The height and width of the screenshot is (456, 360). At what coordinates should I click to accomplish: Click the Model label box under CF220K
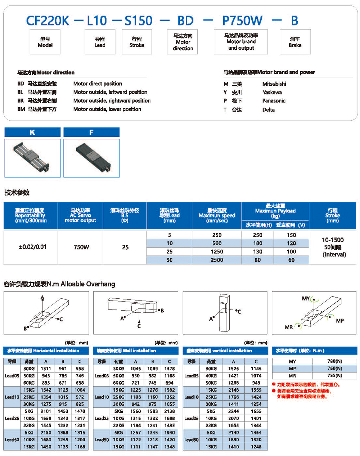pyautogui.click(x=45, y=42)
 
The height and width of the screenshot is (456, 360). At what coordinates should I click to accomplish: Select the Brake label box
pyautogui.click(x=295, y=42)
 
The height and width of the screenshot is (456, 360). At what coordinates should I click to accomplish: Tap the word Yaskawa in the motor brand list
pyautogui.click(x=272, y=92)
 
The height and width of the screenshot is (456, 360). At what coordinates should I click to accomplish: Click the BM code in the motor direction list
pyautogui.click(x=21, y=109)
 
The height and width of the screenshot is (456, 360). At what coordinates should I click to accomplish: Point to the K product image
pyautogui.click(x=32, y=158)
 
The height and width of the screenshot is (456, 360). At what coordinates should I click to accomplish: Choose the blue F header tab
pyautogui.click(x=91, y=132)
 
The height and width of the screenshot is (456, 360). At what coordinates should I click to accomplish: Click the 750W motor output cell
pyautogui.click(x=81, y=247)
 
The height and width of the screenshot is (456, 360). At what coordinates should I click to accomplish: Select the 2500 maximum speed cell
pyautogui.click(x=217, y=260)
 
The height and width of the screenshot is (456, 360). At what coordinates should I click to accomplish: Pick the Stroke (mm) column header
pyautogui.click(x=332, y=215)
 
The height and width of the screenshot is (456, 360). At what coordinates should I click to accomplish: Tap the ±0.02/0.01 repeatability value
pyautogui.click(x=32, y=247)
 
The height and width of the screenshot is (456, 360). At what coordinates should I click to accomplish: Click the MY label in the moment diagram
pyautogui.click(x=306, y=298)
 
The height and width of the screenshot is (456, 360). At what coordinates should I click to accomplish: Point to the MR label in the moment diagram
pyautogui.click(x=289, y=327)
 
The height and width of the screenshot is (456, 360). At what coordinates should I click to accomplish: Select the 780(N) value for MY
pyautogui.click(x=334, y=361)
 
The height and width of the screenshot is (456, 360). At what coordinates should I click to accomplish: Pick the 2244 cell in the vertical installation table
pyautogui.click(x=233, y=411)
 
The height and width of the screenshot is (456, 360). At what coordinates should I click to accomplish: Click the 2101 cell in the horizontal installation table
pyautogui.click(x=46, y=411)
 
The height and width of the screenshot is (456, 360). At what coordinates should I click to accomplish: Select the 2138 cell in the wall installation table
pyautogui.click(x=169, y=411)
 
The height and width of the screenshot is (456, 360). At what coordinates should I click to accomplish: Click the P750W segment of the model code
pyautogui.click(x=242, y=21)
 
